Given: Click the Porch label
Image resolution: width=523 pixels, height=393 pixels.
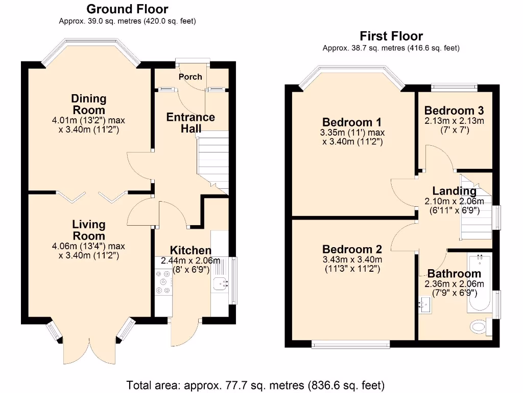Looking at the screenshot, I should click(191, 77).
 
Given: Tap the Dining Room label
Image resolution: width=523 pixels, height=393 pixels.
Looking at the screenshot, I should click(88, 104).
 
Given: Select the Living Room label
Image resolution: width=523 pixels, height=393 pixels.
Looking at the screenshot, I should click(88, 230).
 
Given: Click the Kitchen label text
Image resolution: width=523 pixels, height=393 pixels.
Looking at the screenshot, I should click(191, 250).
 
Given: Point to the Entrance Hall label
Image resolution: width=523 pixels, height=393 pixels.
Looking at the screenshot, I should click(191, 123).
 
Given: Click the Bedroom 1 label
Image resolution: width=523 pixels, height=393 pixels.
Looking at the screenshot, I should click(352, 122).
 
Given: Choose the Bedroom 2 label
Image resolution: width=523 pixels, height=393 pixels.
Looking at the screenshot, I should click(352, 249).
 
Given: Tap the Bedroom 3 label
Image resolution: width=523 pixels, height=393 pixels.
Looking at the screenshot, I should click(454, 111).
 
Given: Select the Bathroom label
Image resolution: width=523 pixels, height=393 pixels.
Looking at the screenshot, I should click(454, 274).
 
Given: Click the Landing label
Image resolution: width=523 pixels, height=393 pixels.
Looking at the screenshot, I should click(454, 191).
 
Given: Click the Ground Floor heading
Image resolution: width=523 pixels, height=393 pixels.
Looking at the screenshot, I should click(127, 9).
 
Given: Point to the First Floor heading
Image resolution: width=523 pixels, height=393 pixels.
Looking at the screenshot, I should click(391, 36).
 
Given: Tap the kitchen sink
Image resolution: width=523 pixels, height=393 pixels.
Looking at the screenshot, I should click(221, 282).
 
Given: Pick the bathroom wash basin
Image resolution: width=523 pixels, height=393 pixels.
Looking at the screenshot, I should click(423, 304).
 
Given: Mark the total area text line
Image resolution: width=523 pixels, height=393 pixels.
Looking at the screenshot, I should click(255, 385).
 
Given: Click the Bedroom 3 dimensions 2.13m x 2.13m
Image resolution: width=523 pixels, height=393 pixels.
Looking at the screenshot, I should click(454, 121).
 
